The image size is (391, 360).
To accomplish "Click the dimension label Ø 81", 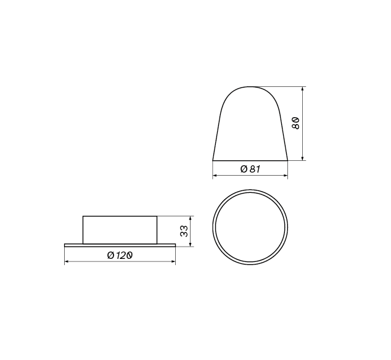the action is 250,169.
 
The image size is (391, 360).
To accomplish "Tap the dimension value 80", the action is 295,123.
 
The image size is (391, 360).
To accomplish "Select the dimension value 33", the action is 184,231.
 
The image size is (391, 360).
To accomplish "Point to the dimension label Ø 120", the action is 120,255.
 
